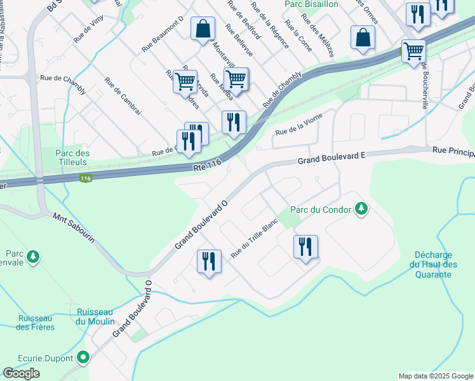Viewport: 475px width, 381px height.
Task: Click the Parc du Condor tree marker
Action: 361,208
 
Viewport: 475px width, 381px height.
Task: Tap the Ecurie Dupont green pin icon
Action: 82,358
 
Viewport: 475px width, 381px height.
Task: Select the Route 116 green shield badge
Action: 86,179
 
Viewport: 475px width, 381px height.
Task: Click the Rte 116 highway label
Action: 206,164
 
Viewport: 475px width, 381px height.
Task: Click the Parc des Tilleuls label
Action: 72,158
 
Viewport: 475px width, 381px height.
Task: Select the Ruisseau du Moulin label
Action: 95,316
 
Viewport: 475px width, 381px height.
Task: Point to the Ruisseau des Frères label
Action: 36,323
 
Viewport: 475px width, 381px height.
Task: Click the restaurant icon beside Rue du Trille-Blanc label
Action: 209,260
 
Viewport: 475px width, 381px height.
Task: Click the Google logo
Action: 22,373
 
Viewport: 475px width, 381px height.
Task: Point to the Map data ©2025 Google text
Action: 435,376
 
